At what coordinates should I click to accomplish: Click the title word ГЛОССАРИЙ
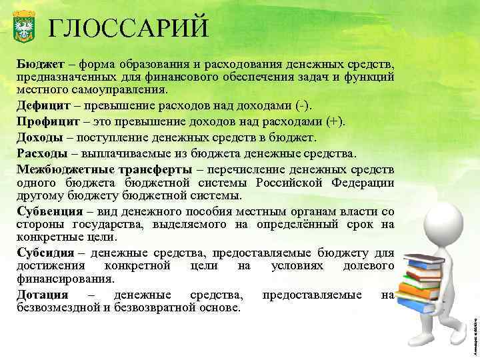point(129,28)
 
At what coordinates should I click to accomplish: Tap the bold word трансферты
point(156,168)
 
